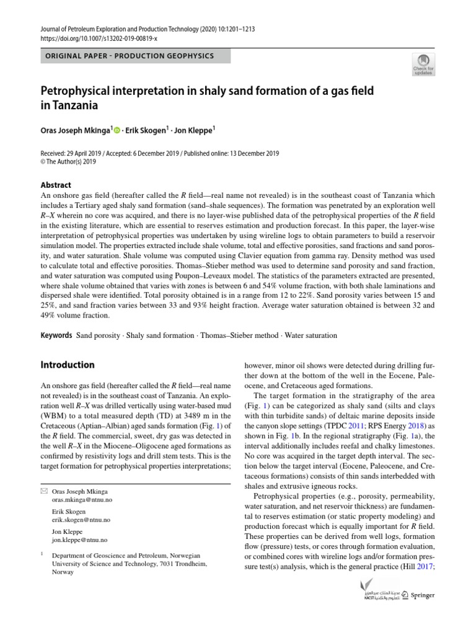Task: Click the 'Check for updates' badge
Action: point(425,64)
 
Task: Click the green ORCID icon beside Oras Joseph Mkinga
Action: point(116,130)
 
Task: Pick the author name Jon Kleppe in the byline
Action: point(193,130)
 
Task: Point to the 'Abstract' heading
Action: point(56,185)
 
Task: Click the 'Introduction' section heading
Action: point(68,365)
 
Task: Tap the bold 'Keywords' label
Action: point(56,335)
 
